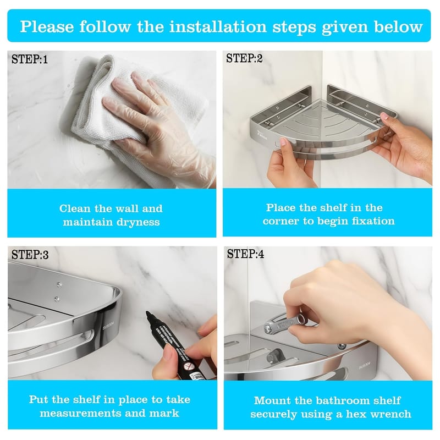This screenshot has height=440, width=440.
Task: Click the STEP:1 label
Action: point(30,59)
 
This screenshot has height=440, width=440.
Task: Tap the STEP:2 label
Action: point(244,58)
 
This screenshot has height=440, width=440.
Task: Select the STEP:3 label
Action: point(30,255)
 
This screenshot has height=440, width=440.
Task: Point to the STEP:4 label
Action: point(245,254)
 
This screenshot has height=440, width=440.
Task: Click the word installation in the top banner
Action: point(218,26)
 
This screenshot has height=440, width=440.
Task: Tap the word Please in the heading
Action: point(47,26)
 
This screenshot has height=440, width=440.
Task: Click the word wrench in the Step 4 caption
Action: point(391,414)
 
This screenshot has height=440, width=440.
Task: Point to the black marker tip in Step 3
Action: point(148,315)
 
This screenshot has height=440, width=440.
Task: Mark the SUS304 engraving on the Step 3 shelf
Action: point(108,326)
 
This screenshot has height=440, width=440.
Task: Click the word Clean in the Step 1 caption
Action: point(75,208)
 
